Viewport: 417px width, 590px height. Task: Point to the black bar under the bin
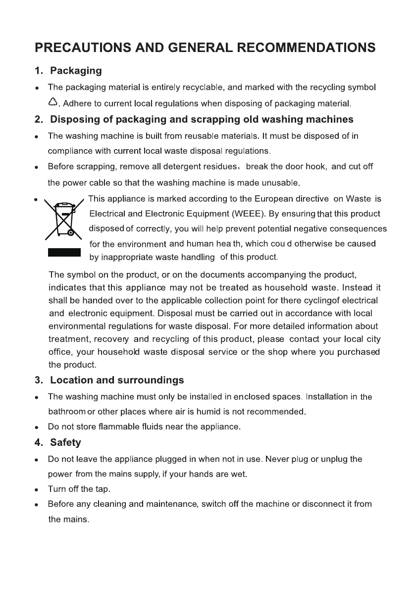pyautogui.click(x=64, y=253)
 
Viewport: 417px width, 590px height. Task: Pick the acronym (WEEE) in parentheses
pyautogui.click(x=247, y=214)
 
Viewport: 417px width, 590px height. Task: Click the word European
pyautogui.click(x=278, y=199)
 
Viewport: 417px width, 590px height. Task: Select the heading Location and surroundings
pyautogui.click(x=117, y=380)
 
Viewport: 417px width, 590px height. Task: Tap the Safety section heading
pyautogui.click(x=65, y=442)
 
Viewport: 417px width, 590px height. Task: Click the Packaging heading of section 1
pyautogui.click(x=76, y=71)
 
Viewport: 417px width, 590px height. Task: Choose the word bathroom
pyautogui.click(x=67, y=412)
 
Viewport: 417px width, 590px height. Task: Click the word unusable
pyautogui.click(x=280, y=183)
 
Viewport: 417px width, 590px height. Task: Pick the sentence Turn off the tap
pyautogui.click(x=79, y=489)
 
